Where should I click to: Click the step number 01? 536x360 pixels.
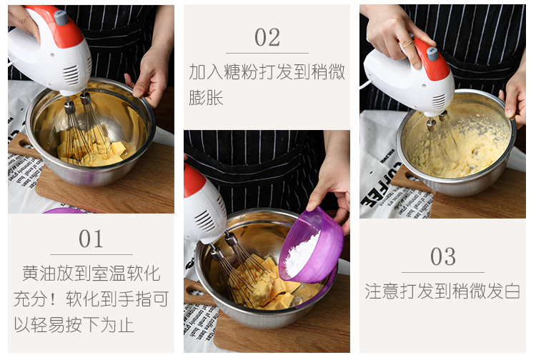click(x=91, y=239)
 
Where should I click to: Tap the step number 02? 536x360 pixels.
click(x=267, y=37)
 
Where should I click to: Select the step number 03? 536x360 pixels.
click(x=442, y=256)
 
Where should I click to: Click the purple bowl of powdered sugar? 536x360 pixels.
click(x=311, y=245)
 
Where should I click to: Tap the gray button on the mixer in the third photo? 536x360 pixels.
click(x=433, y=54)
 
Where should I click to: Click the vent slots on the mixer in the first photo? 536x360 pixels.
click(x=71, y=75)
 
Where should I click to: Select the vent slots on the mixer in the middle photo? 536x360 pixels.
click(x=205, y=220)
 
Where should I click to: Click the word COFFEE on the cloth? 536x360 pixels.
click(x=382, y=185)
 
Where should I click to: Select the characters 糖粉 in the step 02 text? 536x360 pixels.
click(x=241, y=71)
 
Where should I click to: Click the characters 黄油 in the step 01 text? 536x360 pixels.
click(x=39, y=274)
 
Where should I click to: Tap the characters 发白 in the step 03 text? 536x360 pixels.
click(x=503, y=291)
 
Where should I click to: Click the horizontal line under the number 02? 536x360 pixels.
click(x=267, y=53)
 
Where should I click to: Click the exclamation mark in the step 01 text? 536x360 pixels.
click(x=53, y=299)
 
